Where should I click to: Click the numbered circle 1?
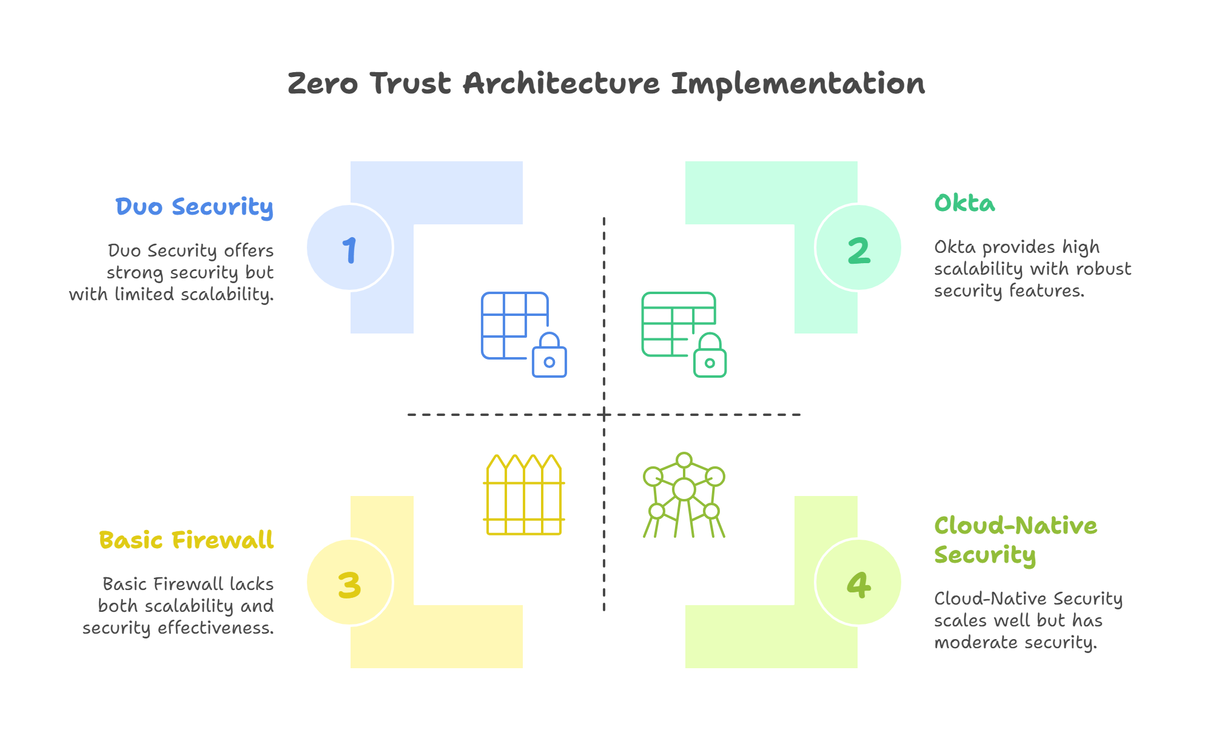pyautogui.click(x=349, y=248)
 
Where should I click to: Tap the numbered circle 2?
pyautogui.click(x=859, y=248)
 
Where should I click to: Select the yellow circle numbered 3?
pyautogui.click(x=349, y=583)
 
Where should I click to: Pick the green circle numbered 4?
pyautogui.click(x=859, y=583)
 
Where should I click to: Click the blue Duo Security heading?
pyautogui.click(x=195, y=207)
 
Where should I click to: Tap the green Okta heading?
pyautogui.click(x=964, y=203)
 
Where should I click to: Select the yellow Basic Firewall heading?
pyautogui.click(x=186, y=540)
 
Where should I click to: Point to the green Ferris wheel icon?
pyautogui.click(x=684, y=495)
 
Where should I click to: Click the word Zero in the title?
pyautogui.click(x=323, y=83)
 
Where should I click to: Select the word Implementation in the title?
pyautogui.click(x=798, y=84)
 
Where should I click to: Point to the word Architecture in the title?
pyautogui.click(x=562, y=83)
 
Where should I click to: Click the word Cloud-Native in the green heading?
pyautogui.click(x=1016, y=526)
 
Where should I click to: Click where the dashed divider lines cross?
pyautogui.click(x=604, y=415)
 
